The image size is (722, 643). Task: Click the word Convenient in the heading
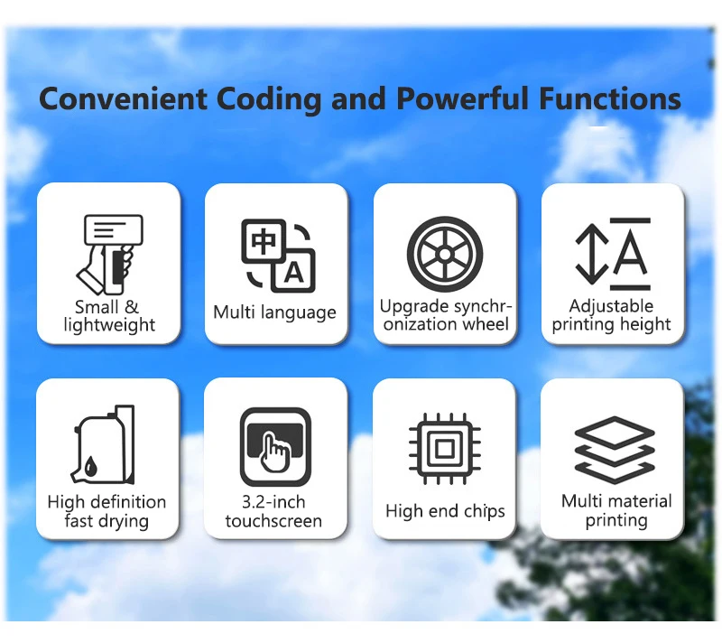click(123, 98)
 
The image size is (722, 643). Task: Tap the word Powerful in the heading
click(462, 98)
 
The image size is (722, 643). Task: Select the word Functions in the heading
click(610, 98)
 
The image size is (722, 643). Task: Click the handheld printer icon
click(109, 255)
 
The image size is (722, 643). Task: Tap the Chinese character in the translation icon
click(264, 241)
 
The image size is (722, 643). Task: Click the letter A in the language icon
click(294, 273)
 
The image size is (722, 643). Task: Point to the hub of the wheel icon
click(445, 254)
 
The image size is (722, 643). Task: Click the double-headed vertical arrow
click(592, 254)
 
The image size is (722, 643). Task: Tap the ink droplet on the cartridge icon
click(91, 466)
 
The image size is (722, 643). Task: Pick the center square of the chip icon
click(445, 448)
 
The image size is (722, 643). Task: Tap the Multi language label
click(275, 312)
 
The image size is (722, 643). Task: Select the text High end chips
click(445, 511)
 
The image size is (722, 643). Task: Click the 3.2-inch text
click(273, 502)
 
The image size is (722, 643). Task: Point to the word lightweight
click(109, 325)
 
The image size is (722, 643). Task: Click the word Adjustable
click(611, 306)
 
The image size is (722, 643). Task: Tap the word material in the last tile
click(640, 501)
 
